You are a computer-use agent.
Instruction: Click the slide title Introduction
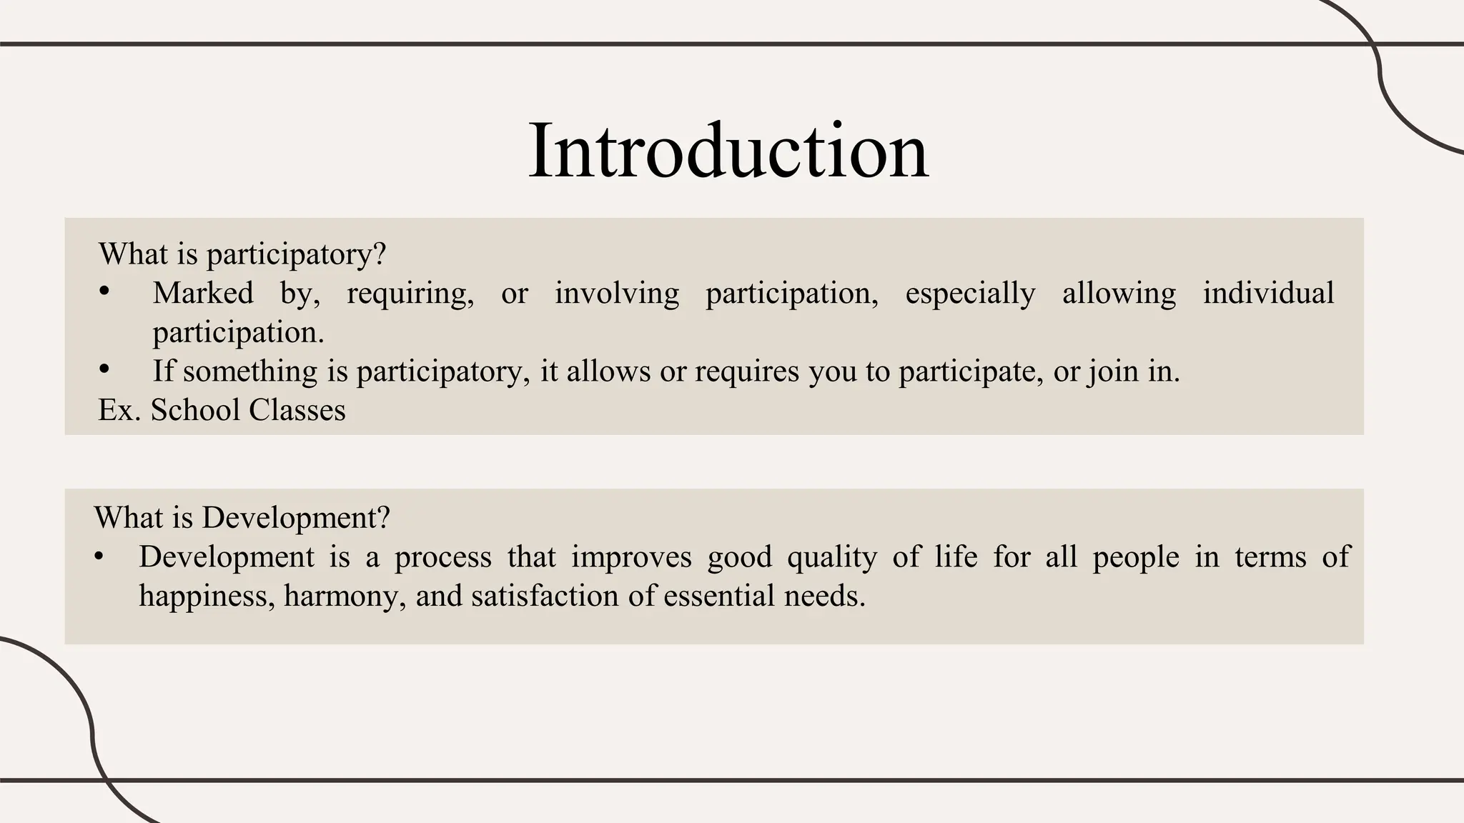728,151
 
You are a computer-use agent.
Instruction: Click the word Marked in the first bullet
203,294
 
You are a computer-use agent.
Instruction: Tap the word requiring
410,294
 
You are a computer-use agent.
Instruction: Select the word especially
970,294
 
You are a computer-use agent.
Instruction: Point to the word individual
1268,294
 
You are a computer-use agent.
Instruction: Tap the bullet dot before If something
104,369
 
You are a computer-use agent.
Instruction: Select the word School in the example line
195,410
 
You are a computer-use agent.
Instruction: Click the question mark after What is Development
384,517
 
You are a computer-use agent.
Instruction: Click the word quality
832,557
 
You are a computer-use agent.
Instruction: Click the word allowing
1119,294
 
